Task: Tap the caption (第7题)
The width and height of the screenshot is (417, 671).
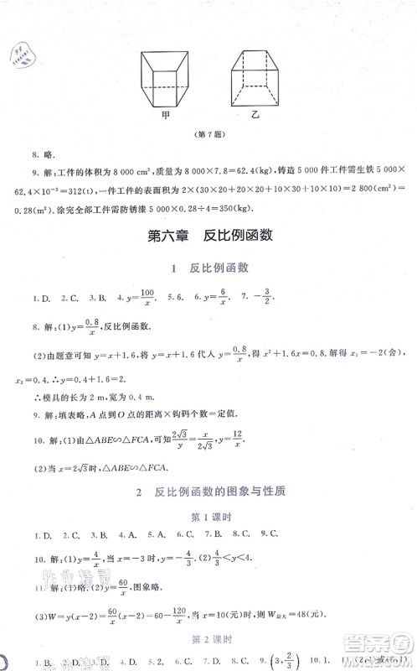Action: [207, 136]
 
